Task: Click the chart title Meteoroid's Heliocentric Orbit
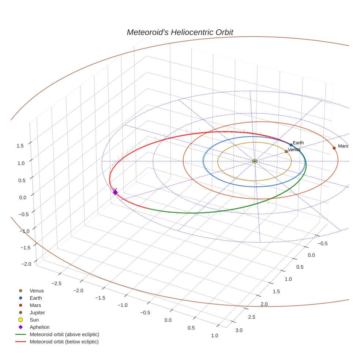180,32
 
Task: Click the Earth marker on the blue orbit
291,145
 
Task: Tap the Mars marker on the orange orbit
334,148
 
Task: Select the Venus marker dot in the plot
286,151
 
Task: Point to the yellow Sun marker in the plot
255,161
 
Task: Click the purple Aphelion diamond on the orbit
115,192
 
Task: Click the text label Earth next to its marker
298,143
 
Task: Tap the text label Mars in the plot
343,146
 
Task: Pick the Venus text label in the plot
294,150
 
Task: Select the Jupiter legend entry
37,312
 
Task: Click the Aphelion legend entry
40,327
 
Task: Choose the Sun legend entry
34,320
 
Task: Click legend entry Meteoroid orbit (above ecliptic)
64,334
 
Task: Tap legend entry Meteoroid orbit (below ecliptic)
64,342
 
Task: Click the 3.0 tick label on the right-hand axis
239,330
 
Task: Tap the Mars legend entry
35,305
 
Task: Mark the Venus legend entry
37,290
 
